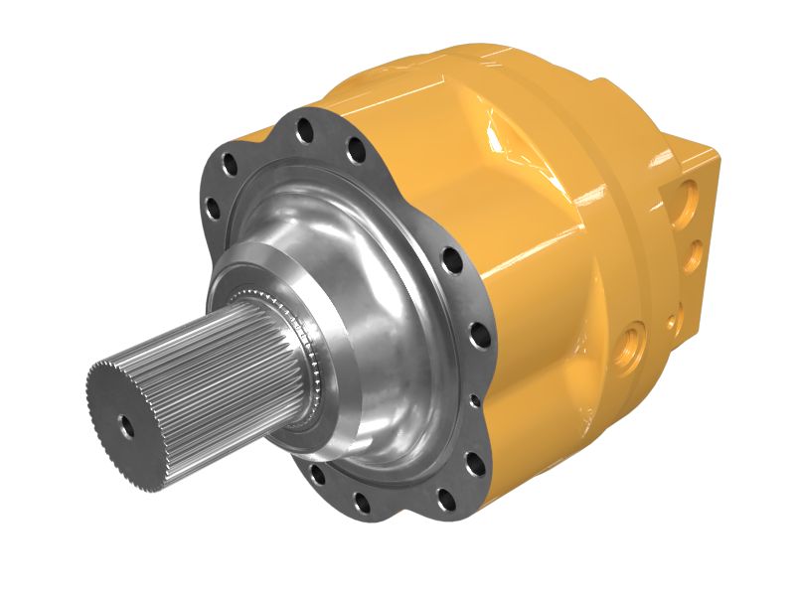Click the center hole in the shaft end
pyautogui.click(x=127, y=424)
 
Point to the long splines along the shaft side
pyautogui.click(x=199, y=358)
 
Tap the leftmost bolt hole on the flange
pyautogui.click(x=212, y=208)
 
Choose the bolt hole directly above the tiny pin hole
pyautogui.click(x=475, y=335)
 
